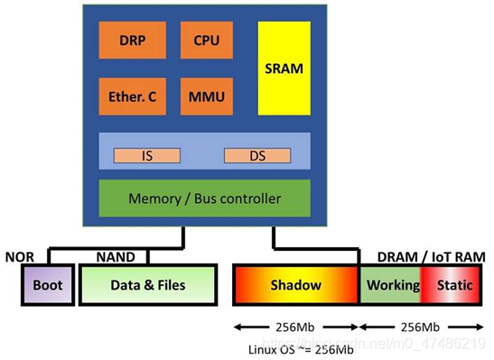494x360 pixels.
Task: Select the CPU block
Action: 206,40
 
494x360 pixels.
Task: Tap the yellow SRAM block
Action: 284,69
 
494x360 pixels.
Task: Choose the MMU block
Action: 206,97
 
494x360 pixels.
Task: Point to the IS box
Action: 146,155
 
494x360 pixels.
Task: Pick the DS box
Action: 256,155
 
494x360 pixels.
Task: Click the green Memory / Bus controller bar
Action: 204,198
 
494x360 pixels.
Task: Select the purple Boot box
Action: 46,285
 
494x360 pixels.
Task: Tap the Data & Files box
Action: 148,285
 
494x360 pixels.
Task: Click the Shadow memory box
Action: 296,285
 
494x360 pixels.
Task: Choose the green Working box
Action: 393,285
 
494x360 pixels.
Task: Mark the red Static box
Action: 454,285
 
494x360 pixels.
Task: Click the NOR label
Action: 19,257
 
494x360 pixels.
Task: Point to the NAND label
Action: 116,257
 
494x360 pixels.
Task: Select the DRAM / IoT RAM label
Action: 431,257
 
